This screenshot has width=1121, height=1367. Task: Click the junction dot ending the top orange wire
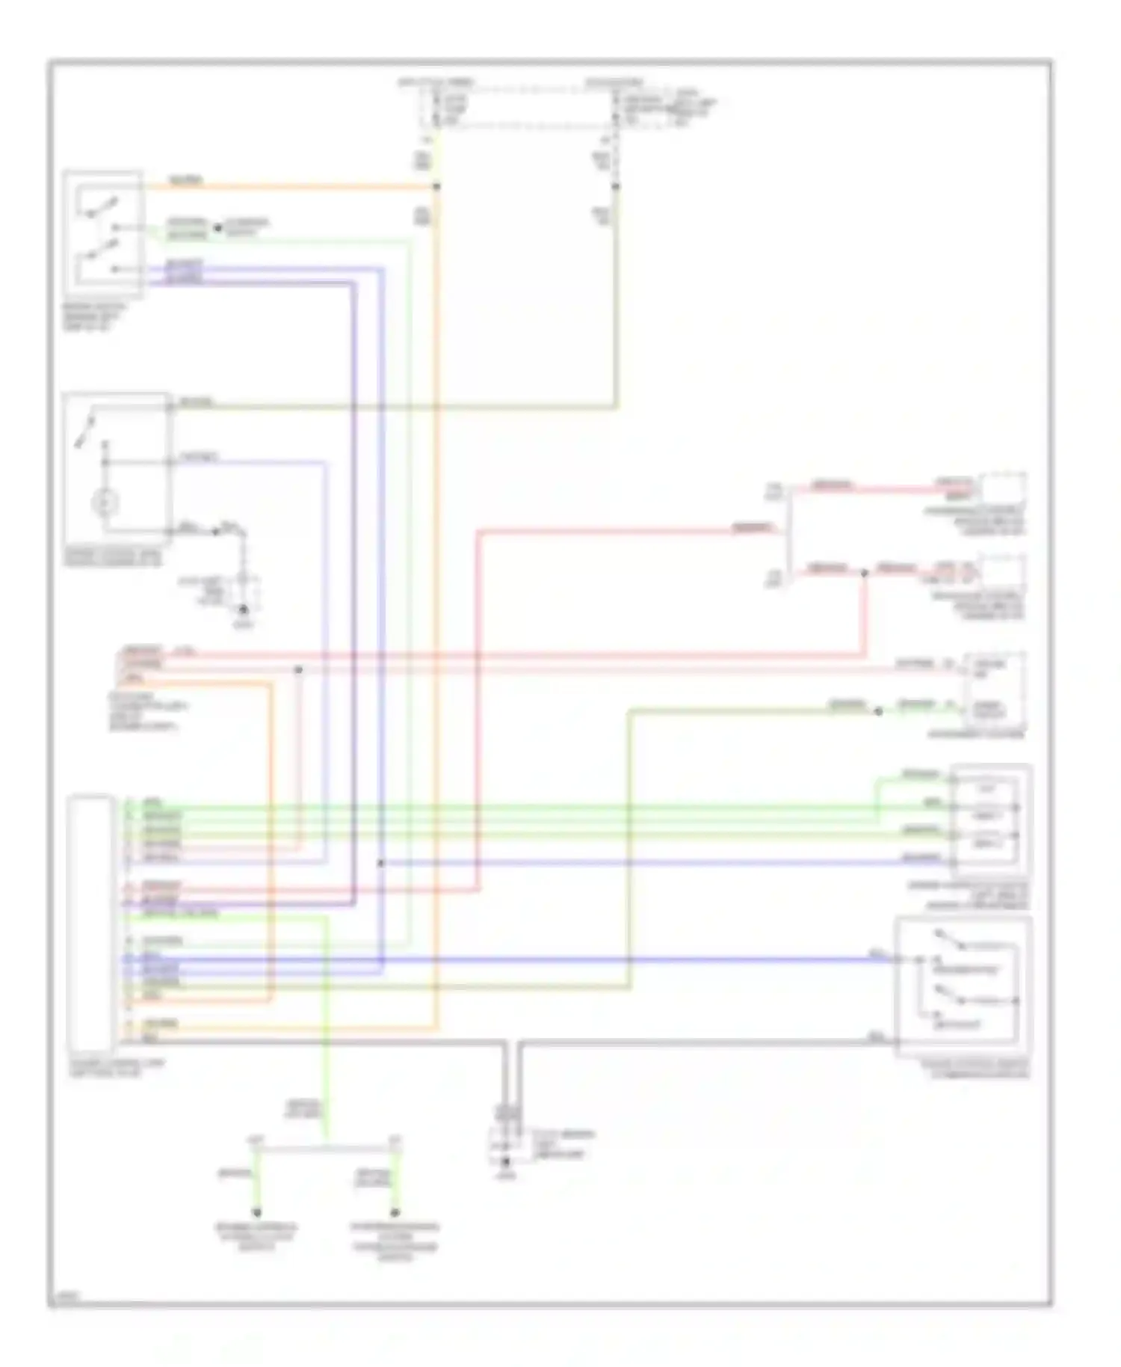point(437,186)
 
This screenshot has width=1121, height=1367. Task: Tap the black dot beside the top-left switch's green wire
point(218,228)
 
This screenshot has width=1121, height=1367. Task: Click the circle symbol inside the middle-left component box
point(105,503)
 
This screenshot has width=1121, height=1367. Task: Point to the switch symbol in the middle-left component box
point(85,431)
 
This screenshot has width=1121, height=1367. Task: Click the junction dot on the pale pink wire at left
point(298,669)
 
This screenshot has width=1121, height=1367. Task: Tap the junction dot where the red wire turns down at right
point(865,573)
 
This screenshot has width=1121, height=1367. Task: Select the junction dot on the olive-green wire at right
point(879,711)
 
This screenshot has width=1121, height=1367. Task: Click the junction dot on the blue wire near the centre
point(380,863)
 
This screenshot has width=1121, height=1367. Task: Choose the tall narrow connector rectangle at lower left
point(90,924)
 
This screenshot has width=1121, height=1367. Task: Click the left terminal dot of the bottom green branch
point(257,1212)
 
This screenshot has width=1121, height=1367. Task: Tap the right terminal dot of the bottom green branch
point(395,1212)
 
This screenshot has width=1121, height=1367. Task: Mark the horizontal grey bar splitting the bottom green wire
point(327,1146)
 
